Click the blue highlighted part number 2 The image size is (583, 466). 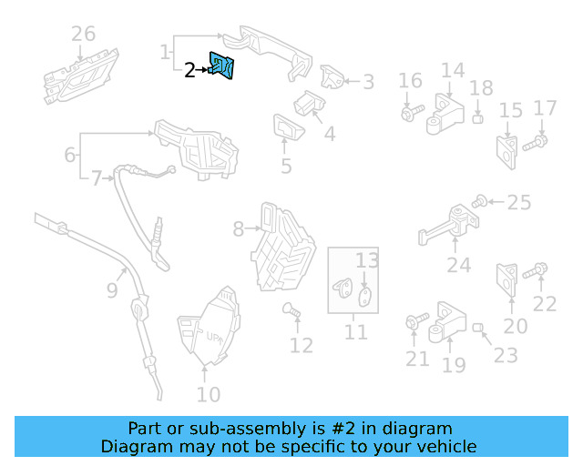pos(221,66)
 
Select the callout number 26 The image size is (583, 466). pos(83,35)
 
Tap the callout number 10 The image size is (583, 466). pos(209,394)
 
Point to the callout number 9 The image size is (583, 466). pos(111,290)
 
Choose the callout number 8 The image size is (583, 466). pos(239,229)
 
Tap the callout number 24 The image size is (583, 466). pos(459,265)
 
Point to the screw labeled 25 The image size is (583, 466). pos(480,200)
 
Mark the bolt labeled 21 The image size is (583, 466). pos(412,322)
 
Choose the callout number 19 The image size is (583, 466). pos(454,365)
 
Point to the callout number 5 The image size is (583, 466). pos(286,166)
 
